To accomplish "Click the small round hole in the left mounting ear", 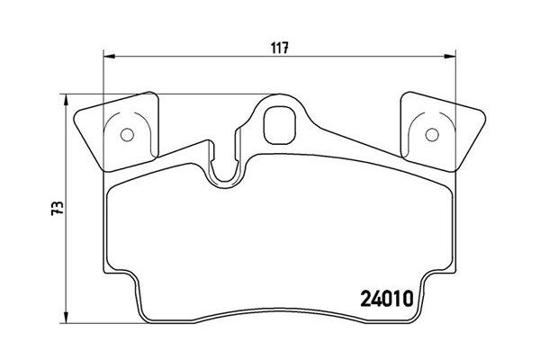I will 126,137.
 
